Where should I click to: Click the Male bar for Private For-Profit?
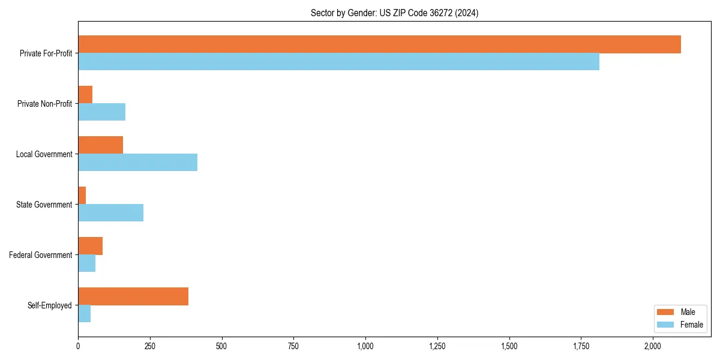coord(379,44)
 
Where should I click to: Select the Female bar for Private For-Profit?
coord(338,62)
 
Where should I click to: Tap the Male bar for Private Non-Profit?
coord(85,95)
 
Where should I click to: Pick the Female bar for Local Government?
coord(137,163)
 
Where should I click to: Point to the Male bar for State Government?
coord(82,196)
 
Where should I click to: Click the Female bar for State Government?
coord(110,213)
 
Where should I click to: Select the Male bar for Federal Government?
coord(90,246)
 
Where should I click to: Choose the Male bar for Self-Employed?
coord(133,296)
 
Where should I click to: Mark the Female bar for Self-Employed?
coord(85,314)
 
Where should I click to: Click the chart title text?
coord(394,13)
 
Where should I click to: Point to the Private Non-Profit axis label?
coord(44,104)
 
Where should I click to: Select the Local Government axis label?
coord(44,154)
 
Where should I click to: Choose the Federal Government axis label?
coord(40,255)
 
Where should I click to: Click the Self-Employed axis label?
coord(49,305)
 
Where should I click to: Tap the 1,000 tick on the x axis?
coord(365,346)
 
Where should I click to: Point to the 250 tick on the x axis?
coord(150,346)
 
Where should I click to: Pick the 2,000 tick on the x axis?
coord(653,346)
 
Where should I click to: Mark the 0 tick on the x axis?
coord(78,346)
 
